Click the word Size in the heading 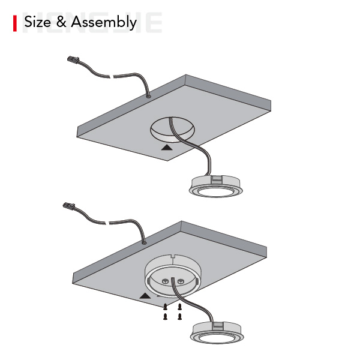point(37,22)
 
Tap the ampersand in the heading point(61,22)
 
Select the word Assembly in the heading point(104,23)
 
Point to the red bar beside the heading point(15,23)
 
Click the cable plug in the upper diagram point(73,59)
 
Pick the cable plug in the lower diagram point(68,206)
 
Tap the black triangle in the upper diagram point(167,147)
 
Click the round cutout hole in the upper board point(172,130)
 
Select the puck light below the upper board point(215,186)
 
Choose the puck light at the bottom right point(217,332)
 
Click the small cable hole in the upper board point(148,97)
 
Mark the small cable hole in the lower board point(144,242)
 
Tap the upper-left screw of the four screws point(165,306)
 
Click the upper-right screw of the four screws point(179,306)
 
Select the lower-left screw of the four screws point(165,317)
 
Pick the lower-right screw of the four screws point(179,317)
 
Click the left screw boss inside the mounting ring point(164,281)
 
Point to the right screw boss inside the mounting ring point(181,281)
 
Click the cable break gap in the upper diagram point(112,76)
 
